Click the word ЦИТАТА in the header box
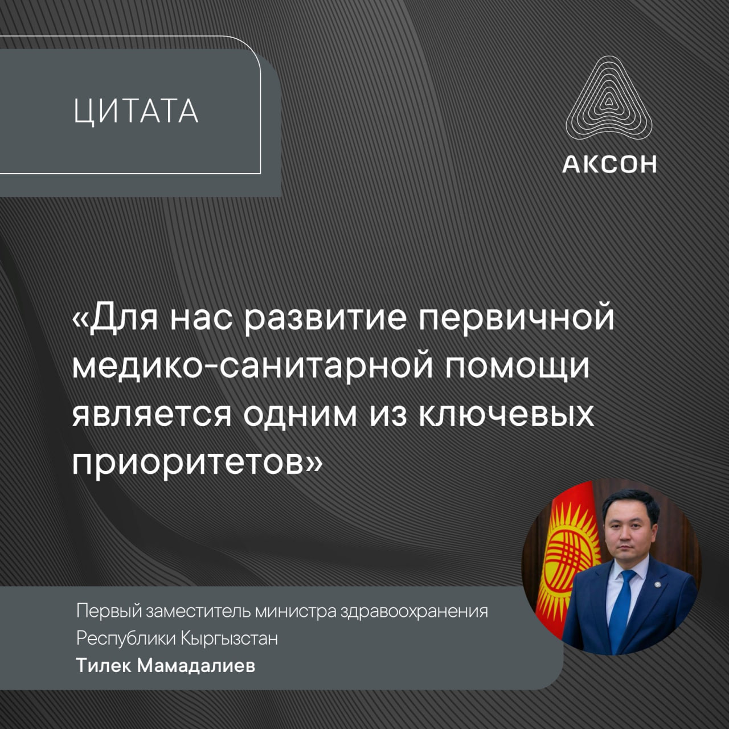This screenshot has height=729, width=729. point(136,111)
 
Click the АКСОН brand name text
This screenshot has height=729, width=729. point(609,165)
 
